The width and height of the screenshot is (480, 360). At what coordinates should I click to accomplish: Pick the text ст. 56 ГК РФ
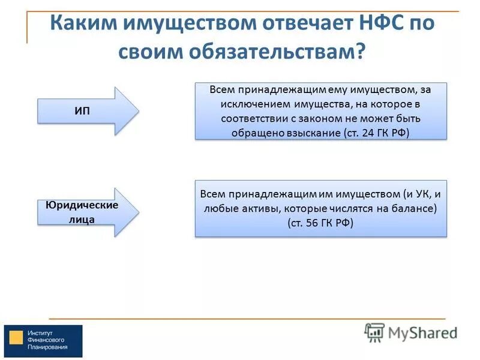point(320,223)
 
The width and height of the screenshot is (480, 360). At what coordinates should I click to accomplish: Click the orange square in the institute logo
point(17,338)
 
